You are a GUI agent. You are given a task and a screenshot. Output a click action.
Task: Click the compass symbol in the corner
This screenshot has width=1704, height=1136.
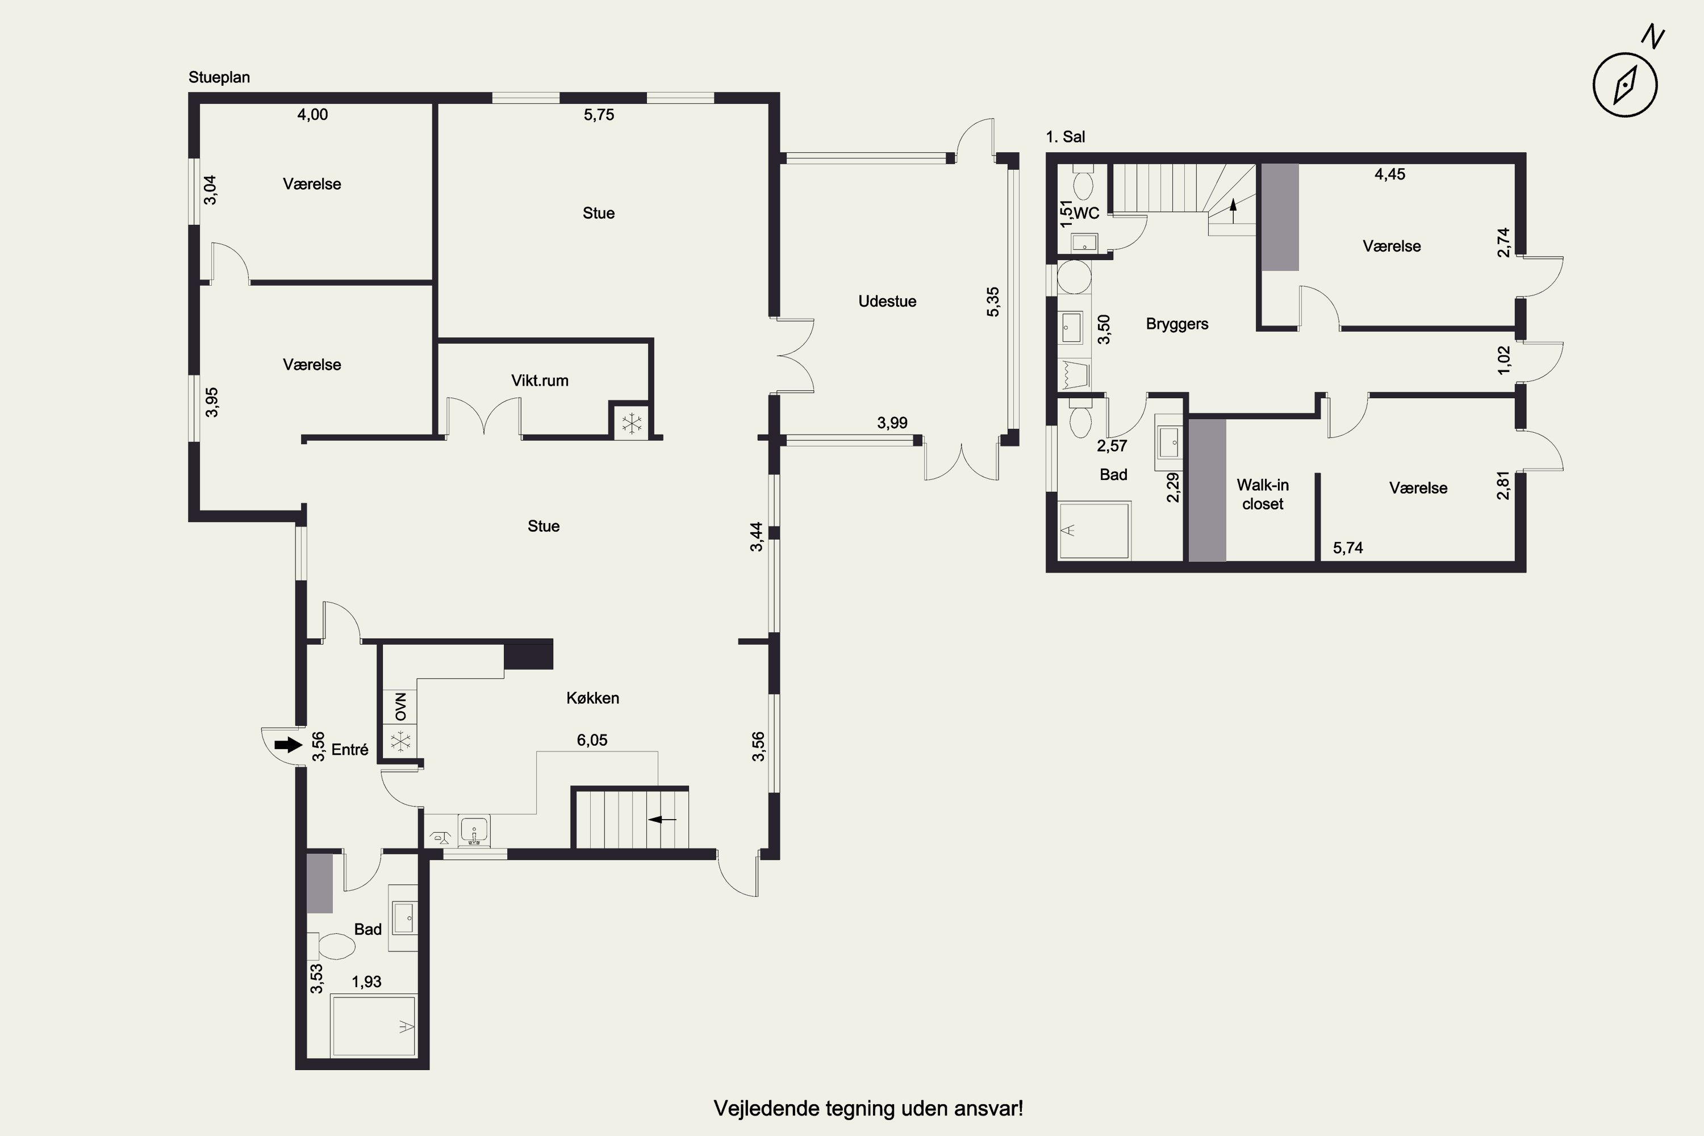pos(1625,84)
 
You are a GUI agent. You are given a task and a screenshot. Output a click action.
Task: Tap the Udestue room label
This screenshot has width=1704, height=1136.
pos(887,302)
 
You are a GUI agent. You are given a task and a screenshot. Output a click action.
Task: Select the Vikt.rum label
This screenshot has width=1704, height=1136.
pos(540,381)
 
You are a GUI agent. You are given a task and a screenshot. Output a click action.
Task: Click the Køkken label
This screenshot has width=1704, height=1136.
pos(592,698)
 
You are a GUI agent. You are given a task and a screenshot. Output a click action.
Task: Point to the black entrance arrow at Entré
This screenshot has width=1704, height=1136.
pos(289,745)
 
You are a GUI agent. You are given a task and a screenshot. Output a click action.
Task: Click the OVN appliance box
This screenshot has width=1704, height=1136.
pos(400,707)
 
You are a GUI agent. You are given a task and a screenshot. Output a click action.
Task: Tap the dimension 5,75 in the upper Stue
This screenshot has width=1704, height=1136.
pos(599,115)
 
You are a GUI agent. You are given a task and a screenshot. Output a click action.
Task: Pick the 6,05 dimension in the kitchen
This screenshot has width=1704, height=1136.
pos(592,740)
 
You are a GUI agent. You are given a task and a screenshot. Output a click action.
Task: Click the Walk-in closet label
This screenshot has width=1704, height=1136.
pos(1263,494)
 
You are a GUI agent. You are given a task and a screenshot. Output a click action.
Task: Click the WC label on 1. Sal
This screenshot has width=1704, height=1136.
pos(1086,213)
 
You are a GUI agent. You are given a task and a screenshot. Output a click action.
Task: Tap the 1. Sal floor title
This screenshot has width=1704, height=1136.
pos(1065,137)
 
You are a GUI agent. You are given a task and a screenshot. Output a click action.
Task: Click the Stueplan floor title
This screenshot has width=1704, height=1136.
pos(219,77)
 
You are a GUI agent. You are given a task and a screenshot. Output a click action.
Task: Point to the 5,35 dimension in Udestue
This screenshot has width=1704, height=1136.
pos(992,302)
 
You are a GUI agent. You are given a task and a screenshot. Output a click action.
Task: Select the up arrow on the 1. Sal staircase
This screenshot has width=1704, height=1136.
pos(1233,211)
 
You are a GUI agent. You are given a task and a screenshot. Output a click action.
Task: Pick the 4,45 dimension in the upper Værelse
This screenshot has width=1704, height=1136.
pos(1389,174)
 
